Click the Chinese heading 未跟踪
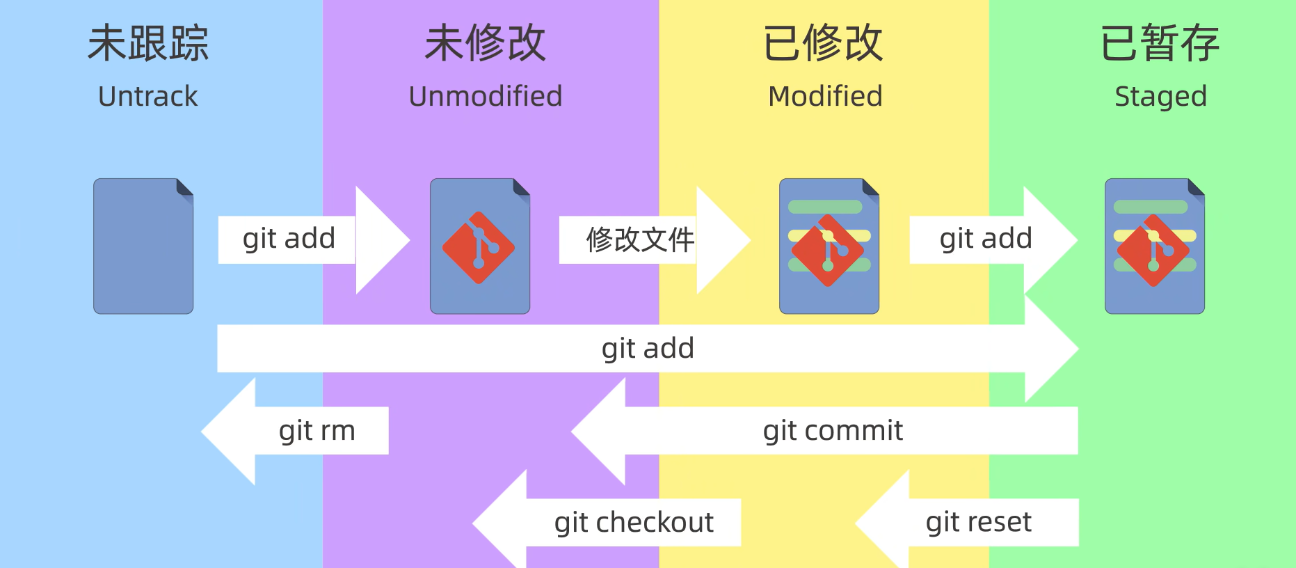[148, 43]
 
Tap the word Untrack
[148, 96]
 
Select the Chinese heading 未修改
[485, 43]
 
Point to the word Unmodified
[485, 96]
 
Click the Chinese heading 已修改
[824, 43]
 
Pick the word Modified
[825, 96]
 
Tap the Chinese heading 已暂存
[1160, 43]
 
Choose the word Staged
[1160, 96]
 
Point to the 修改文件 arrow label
[640, 240]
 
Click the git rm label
[317, 431]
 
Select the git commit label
[833, 431]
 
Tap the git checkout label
[634, 522]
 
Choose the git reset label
[978, 522]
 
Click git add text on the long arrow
[648, 348]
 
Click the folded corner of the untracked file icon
[184, 187]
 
